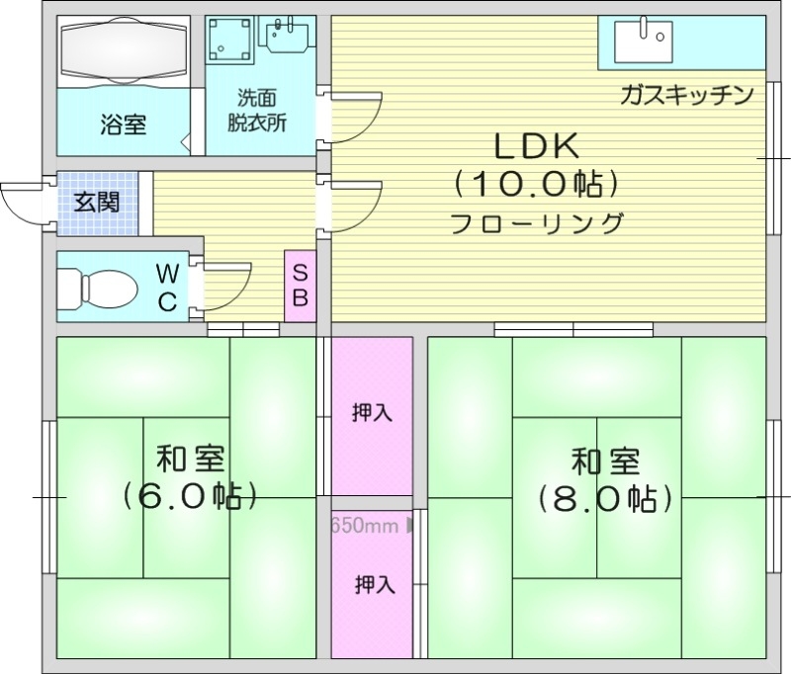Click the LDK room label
click(x=536, y=146)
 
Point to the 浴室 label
click(x=124, y=126)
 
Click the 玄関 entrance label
click(x=98, y=203)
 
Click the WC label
click(x=168, y=288)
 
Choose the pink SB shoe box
click(x=301, y=286)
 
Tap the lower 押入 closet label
click(x=375, y=585)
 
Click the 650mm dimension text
click(x=364, y=525)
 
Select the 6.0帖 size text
click(x=190, y=494)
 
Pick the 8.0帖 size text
click(x=605, y=497)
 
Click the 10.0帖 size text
click(x=536, y=184)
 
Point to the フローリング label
click(x=536, y=223)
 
